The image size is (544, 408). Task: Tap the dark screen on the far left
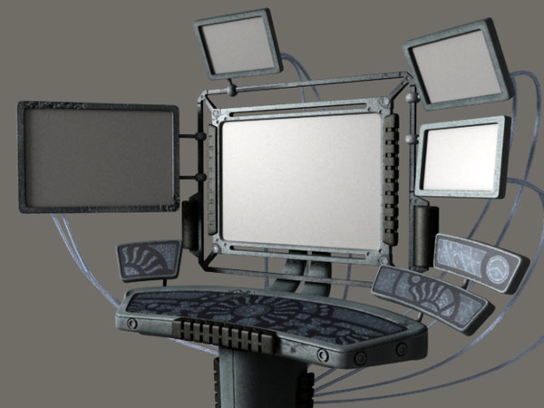[x=98, y=157]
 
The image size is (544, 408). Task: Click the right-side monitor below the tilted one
[x=461, y=157]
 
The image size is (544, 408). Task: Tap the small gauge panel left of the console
[x=150, y=260]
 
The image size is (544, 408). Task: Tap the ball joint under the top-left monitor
[x=232, y=90]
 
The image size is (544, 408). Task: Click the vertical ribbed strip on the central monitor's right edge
[x=391, y=182]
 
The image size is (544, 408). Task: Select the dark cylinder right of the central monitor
[x=423, y=234]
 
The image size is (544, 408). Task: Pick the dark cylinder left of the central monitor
[x=191, y=231]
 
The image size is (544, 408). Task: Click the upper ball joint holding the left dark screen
[x=199, y=138]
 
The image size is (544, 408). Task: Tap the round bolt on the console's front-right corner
[x=400, y=348]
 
